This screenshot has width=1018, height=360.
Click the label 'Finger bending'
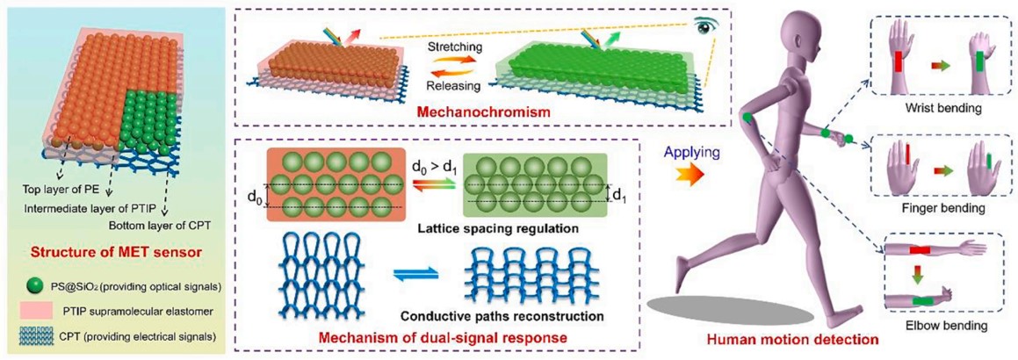(x=944, y=210)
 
